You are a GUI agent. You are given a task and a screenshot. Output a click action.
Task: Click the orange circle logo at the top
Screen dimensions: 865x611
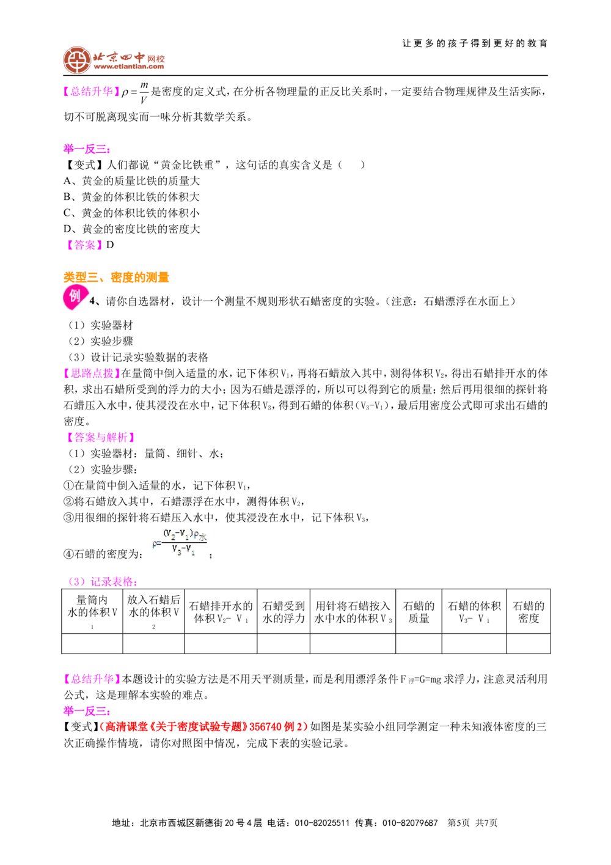coord(77,60)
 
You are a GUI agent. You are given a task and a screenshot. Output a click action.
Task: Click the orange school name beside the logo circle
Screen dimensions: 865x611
coord(129,60)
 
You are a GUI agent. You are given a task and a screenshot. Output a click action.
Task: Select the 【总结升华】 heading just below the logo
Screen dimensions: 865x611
coord(92,92)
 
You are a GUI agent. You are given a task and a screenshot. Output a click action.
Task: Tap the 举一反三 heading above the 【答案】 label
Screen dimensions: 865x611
coord(87,149)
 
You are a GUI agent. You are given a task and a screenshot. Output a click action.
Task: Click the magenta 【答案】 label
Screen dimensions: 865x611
coord(83,246)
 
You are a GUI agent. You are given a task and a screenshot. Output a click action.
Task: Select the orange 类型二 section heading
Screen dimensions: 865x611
coord(116,277)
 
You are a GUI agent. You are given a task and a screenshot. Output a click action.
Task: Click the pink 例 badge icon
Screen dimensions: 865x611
coord(75,298)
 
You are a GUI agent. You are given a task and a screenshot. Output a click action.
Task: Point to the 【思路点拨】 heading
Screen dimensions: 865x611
coord(92,374)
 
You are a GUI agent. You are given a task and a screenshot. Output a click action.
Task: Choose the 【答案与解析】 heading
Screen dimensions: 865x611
coord(100,437)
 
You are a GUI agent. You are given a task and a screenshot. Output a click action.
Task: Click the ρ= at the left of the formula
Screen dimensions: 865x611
coord(156,543)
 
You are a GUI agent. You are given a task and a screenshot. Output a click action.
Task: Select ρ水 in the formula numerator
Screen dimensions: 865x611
coord(201,536)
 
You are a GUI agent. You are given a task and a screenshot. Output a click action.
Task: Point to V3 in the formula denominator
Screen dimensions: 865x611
coord(177,550)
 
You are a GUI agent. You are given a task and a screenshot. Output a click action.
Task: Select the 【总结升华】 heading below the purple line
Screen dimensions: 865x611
coord(92,679)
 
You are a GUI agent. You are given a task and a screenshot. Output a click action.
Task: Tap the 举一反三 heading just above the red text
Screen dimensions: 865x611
coord(86,711)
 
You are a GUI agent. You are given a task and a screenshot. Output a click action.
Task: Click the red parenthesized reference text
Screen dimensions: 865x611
coord(203,726)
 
